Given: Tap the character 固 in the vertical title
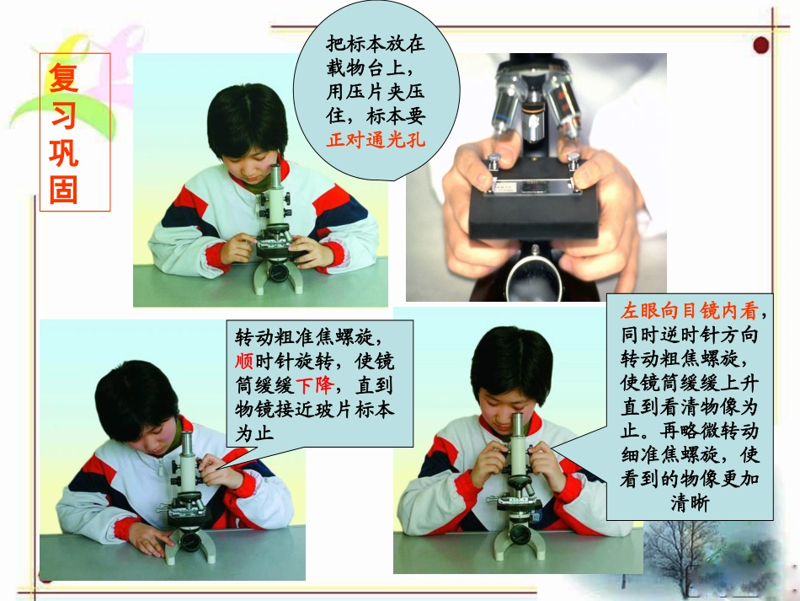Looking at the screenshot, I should [64, 189].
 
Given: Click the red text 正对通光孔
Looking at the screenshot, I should [376, 140].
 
